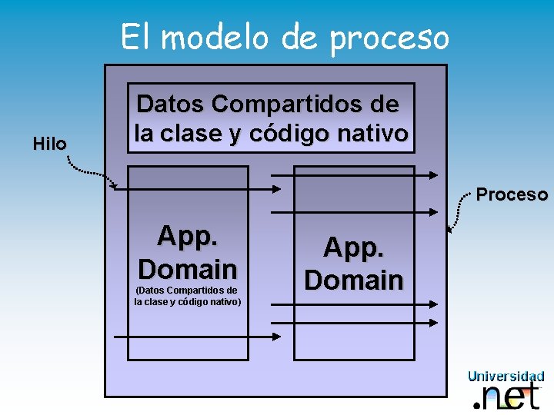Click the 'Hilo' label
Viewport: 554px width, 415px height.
[50, 143]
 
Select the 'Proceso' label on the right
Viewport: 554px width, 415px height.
[512, 194]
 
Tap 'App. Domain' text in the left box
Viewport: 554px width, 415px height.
[188, 252]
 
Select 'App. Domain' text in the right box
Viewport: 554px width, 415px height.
[354, 263]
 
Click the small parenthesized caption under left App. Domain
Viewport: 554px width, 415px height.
[188, 296]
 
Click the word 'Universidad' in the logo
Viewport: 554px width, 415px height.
[506, 376]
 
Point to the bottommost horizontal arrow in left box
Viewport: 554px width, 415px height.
[196, 337]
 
